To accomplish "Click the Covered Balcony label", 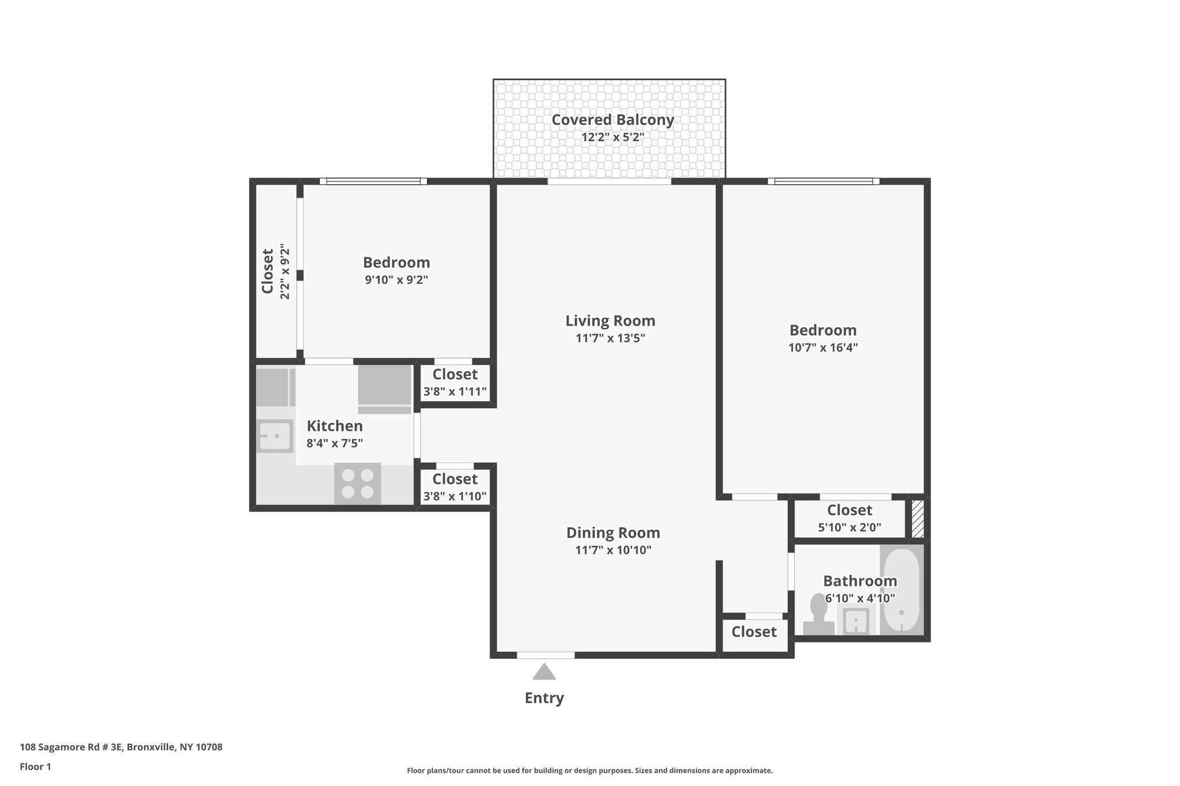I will point(612,120).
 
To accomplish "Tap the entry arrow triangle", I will point(544,672).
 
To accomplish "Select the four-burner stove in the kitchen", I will point(357,483).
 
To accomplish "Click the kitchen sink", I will point(275,436).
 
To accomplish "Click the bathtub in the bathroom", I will point(902,590).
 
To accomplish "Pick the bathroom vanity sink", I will point(856,621).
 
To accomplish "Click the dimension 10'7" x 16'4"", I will point(823,348).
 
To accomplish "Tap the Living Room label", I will point(610,321).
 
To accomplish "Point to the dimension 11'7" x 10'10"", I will point(613,550).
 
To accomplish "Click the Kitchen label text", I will point(334,426).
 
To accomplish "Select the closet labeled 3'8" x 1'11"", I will point(455,383).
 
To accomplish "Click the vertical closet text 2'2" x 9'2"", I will point(285,271).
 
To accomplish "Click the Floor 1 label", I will point(36,766).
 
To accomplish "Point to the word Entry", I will point(544,698).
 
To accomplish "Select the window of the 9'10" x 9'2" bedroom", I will point(373,181).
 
